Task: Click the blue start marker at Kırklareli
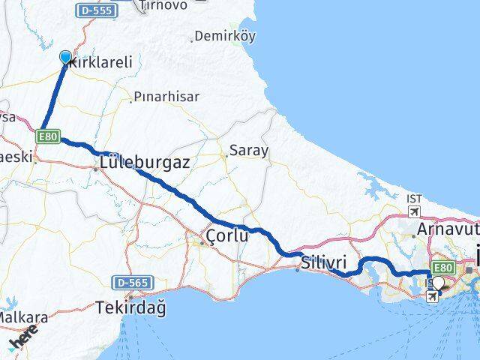(x=65, y=57)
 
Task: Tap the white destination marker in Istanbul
(x=438, y=283)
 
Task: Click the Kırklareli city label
(x=100, y=64)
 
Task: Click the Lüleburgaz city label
(x=145, y=161)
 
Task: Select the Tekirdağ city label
(x=131, y=307)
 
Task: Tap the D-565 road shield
(x=133, y=283)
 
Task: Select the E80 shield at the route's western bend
(x=46, y=136)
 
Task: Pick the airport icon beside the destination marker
(x=433, y=296)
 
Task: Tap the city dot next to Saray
(x=226, y=156)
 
